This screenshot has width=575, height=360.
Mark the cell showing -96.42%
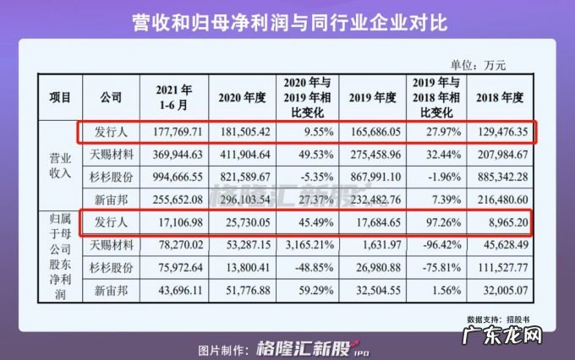[x=435, y=245]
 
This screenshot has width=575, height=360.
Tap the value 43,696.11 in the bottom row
[x=174, y=290]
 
